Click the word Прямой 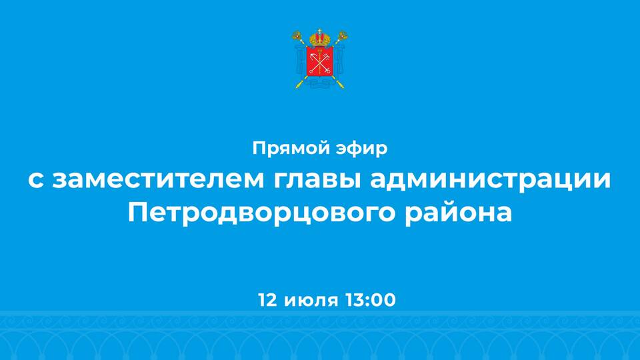(x=288, y=148)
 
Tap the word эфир (x=361, y=149)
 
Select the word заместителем (x=159, y=179)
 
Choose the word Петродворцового (x=261, y=213)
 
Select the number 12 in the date (x=267, y=300)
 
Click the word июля (x=311, y=301)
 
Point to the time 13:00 (x=371, y=300)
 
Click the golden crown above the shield (x=320, y=38)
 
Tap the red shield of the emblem (x=319, y=61)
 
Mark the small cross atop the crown (x=320, y=31)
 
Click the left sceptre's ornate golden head (x=297, y=35)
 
